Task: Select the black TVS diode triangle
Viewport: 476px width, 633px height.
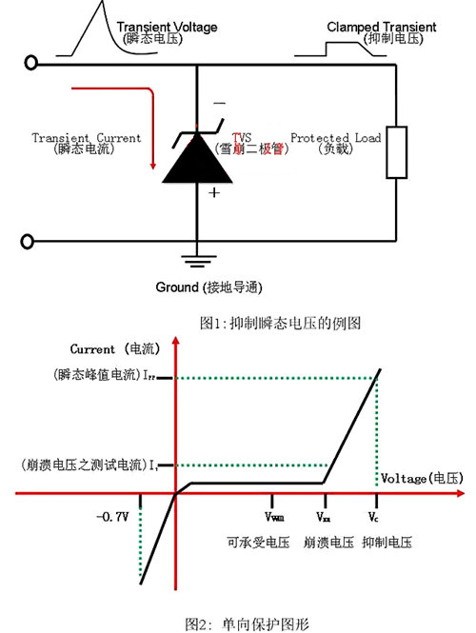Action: (x=196, y=157)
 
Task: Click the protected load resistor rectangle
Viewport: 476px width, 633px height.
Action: (x=397, y=149)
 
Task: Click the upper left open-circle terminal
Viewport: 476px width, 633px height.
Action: (x=32, y=63)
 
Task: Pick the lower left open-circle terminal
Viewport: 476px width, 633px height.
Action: (x=32, y=241)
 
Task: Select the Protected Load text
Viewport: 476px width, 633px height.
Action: (x=336, y=138)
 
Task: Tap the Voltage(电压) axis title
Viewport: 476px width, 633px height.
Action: (x=420, y=476)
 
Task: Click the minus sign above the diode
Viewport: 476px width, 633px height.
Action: (x=218, y=102)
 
